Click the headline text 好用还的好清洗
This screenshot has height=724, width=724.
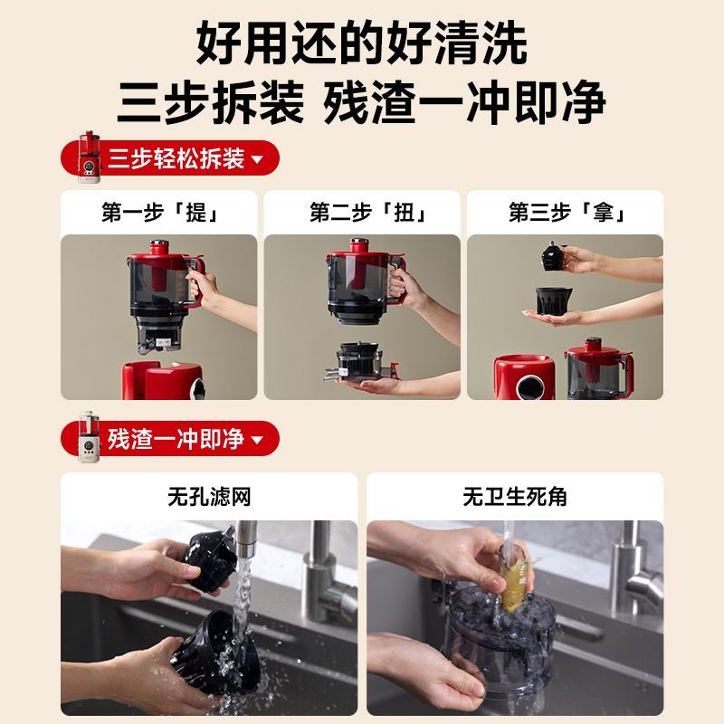(361, 43)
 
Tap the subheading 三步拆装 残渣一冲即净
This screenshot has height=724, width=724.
(361, 101)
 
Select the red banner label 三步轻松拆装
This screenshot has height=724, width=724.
(176, 159)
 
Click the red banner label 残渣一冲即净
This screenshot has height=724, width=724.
(176, 439)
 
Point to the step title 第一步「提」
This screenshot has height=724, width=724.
(159, 213)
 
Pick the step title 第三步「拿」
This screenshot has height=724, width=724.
(567, 213)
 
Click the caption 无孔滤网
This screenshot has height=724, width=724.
(209, 497)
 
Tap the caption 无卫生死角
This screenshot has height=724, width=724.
(515, 497)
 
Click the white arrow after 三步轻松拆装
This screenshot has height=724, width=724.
(257, 159)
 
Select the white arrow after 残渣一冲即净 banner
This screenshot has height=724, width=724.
(257, 439)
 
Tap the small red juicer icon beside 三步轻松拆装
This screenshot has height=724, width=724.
(89, 157)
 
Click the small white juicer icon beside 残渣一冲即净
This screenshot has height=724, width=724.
(89, 437)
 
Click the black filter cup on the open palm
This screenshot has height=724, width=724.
(552, 300)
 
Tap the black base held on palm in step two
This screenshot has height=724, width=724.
(360, 361)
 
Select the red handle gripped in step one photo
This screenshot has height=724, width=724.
(195, 281)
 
